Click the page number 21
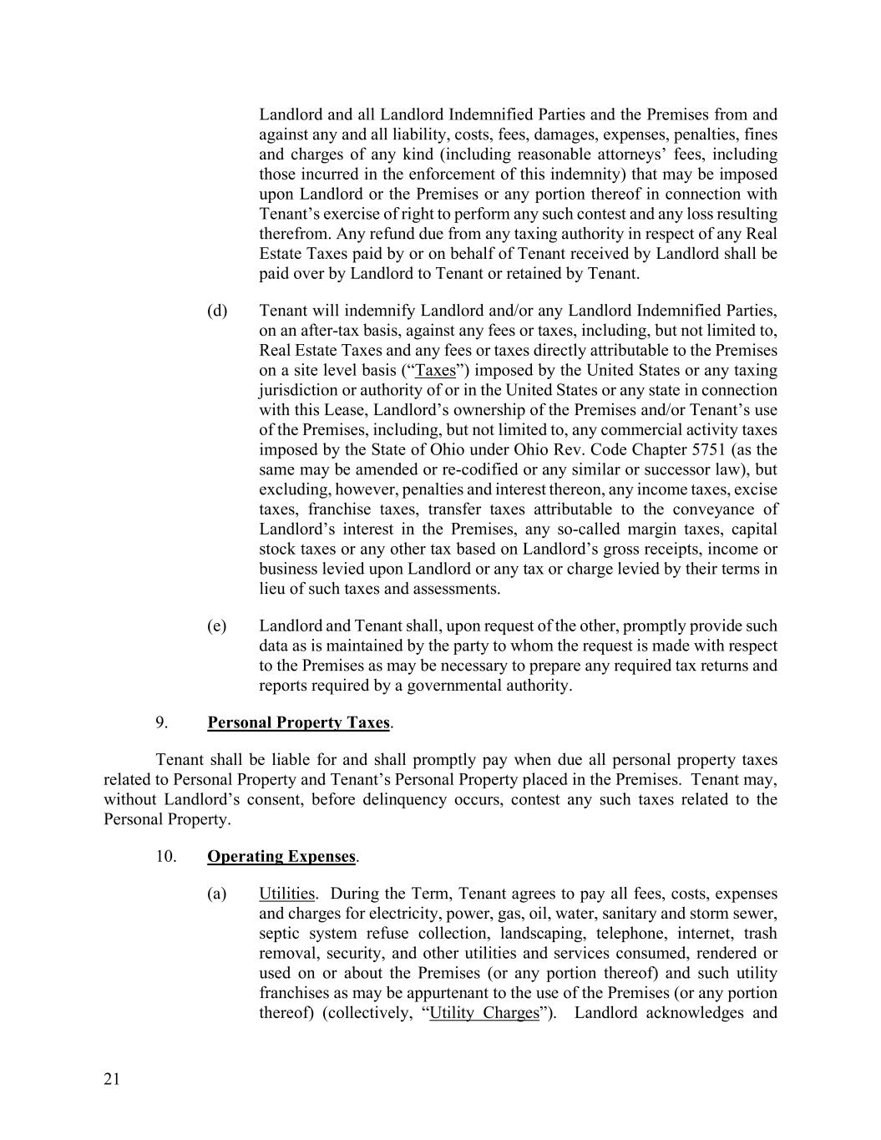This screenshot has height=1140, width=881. (112, 1080)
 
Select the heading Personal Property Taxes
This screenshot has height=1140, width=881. (298, 722)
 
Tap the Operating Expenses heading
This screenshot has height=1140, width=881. (281, 856)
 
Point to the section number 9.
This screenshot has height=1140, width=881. (161, 722)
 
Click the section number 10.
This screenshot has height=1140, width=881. (165, 856)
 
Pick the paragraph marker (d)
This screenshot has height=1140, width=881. (217, 311)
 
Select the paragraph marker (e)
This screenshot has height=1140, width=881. (217, 626)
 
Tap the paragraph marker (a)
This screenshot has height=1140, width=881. (217, 894)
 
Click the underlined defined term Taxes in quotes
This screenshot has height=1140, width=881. (435, 370)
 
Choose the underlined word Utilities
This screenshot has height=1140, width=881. (286, 894)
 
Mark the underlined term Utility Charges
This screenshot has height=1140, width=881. (484, 1013)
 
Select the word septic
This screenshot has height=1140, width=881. (279, 933)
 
